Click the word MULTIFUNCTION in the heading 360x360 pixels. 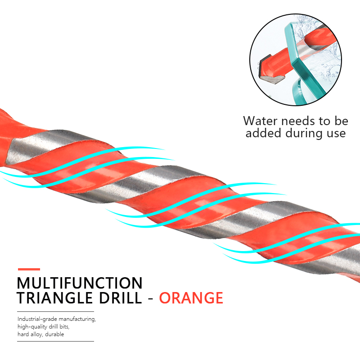80,283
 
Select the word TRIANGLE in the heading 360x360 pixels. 54,298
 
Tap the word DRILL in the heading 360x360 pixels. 121,298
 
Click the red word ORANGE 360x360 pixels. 191,298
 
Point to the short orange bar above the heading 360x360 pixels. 29,269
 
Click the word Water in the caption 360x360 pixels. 260,121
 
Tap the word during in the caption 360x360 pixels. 304,134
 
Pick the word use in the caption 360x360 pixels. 336,134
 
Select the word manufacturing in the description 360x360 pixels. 77,319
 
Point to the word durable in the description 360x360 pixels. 54,334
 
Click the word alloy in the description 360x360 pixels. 36,334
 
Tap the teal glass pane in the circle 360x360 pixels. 305,62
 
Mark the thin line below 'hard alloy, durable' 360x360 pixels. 55,341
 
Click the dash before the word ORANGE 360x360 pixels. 151,299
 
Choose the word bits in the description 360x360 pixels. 64,327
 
